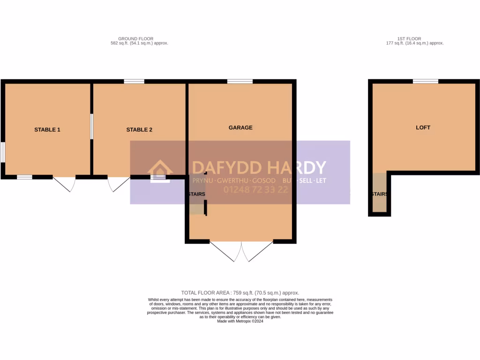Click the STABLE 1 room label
coord(47,130)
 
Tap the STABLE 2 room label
coord(139,130)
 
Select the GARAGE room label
coord(240,127)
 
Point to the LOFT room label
coord(423,127)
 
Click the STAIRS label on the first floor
coord(379,194)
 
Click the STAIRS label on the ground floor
coord(196,194)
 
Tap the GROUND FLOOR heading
coord(135,39)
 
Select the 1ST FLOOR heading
coord(409,39)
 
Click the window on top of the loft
coord(426,82)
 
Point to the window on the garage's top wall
coord(240,82)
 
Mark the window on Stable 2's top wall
coord(134,82)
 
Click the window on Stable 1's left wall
coord(2,152)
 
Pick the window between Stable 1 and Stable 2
coord(91,126)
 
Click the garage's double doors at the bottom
coord(241,251)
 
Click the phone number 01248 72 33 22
coord(256,190)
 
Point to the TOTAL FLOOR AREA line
coord(240,292)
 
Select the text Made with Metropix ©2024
coord(240,321)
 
